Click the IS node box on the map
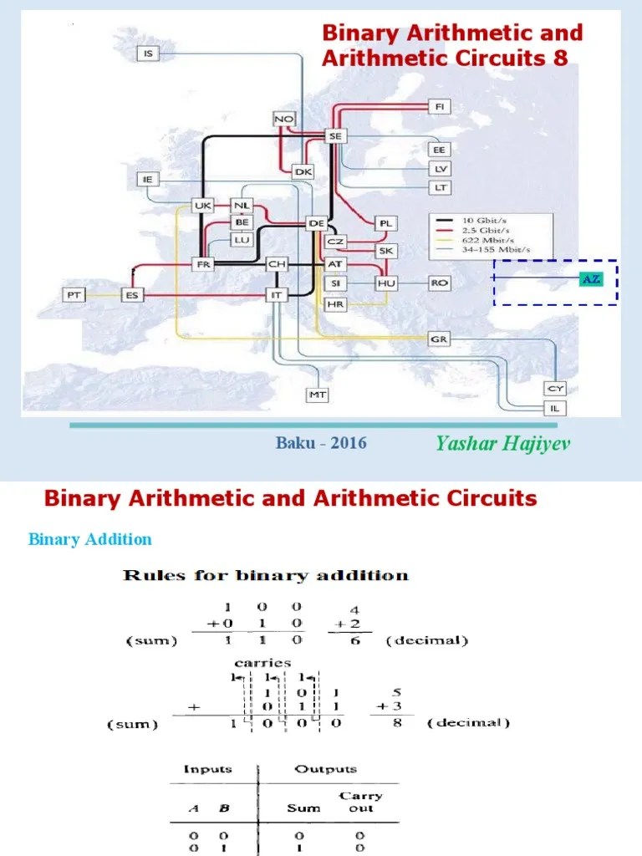[x=149, y=53]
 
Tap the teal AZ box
[x=590, y=279]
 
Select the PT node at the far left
[x=74, y=295]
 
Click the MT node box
[x=317, y=394]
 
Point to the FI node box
[x=440, y=106]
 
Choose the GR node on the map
[x=440, y=339]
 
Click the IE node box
[x=149, y=179]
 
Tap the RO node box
[x=440, y=283]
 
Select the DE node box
[x=316, y=223]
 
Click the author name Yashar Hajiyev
[x=503, y=443]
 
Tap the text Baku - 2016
[x=321, y=443]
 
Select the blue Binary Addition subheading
[x=90, y=539]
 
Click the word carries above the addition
[x=262, y=662]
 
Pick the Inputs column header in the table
[x=209, y=769]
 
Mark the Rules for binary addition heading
[x=265, y=575]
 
